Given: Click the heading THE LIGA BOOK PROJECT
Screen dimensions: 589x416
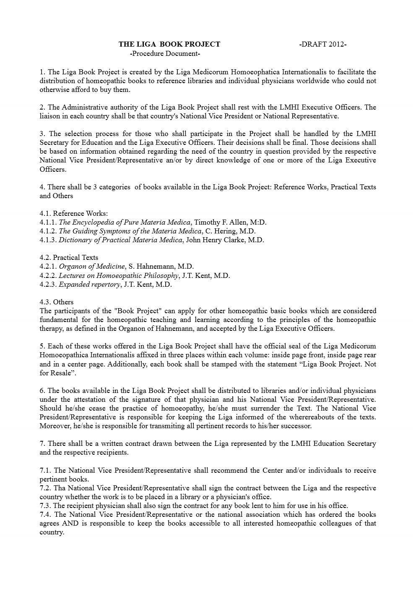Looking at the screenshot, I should [x=169, y=45].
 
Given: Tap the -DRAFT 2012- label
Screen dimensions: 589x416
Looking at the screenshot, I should [x=323, y=45].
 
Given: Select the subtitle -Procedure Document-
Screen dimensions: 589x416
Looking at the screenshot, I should [x=165, y=53].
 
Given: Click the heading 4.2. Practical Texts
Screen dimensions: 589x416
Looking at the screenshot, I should [x=69, y=257].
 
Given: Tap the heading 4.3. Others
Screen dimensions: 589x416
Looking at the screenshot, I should [x=57, y=302].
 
